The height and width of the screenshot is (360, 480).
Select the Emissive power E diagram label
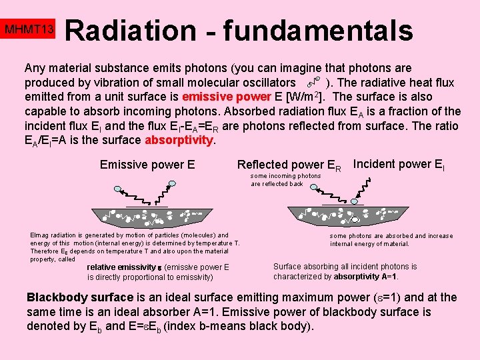tap(147, 164)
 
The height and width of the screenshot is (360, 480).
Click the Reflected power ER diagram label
tap(289, 165)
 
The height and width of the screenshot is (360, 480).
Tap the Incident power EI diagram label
tap(398, 164)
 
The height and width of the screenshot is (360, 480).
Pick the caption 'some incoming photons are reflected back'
tap(285, 180)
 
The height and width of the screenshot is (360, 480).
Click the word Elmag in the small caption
tap(40, 235)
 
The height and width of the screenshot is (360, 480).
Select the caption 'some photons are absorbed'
tap(391, 236)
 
